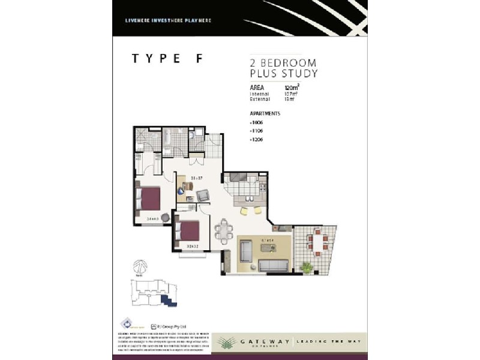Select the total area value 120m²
click(292, 88)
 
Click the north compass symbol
click(139, 265)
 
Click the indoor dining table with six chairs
click(223, 231)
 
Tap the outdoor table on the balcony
click(317, 241)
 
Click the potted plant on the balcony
click(307, 267)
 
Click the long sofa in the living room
click(274, 265)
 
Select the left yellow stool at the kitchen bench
click(245, 211)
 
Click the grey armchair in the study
click(203, 195)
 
